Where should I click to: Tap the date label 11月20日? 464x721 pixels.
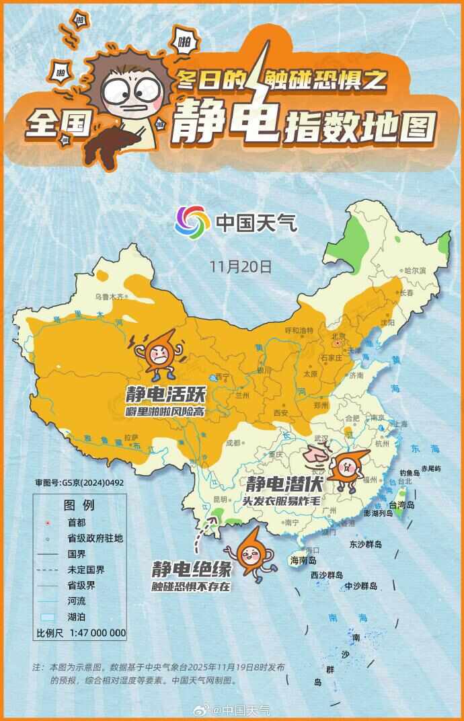coord(240,266)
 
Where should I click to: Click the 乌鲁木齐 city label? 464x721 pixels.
coord(110,296)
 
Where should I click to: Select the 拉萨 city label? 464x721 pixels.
coord(131,437)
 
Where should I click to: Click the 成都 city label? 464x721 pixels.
coord(233,443)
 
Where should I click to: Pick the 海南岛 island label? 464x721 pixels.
coord(303,560)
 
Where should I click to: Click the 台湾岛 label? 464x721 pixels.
coord(401,504)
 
